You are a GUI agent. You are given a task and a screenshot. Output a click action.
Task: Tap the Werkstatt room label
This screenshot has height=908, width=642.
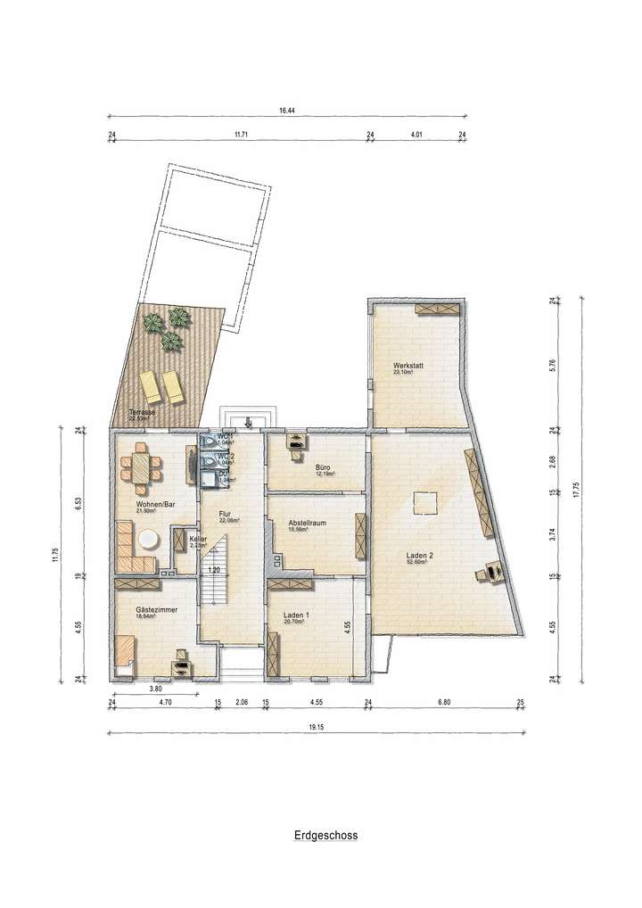[407, 367]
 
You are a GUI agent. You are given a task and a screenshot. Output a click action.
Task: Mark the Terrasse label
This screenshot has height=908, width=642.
[143, 412]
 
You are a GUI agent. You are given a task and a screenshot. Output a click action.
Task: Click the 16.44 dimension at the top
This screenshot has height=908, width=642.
[286, 111]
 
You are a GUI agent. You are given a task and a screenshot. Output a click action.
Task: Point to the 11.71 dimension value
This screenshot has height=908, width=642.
[241, 134]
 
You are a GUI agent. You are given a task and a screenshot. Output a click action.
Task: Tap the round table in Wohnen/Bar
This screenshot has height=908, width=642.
[147, 539]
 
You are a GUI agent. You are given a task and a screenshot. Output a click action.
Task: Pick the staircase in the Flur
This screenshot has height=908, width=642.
[213, 589]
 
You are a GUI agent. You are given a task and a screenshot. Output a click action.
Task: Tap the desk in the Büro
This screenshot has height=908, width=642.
[293, 440]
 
